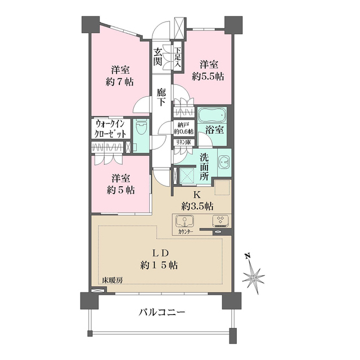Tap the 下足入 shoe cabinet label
click(178, 57)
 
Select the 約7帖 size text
click(120, 82)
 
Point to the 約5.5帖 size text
click(208, 76)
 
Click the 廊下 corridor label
click(161, 97)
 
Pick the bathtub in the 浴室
click(212, 115)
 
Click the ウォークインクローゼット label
click(110, 129)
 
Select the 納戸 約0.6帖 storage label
click(184, 129)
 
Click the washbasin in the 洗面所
click(224, 162)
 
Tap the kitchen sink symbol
click(184, 221)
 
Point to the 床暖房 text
click(112, 280)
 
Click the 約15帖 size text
click(159, 265)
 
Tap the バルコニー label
click(161, 312)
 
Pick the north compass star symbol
click(254, 278)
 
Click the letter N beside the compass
click(247, 256)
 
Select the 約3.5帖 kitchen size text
click(197, 206)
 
